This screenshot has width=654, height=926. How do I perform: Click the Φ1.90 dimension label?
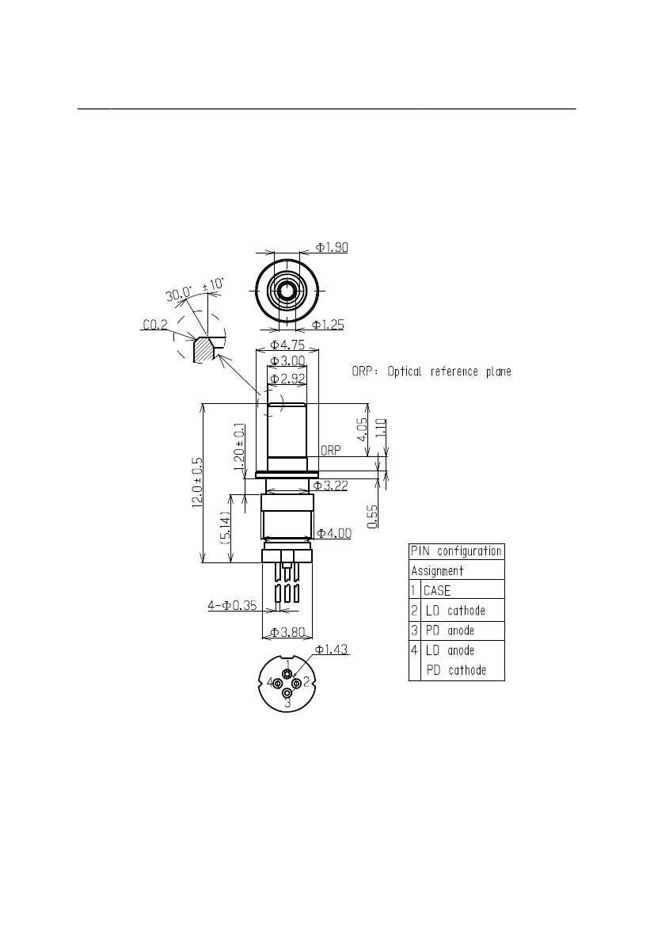tap(332, 247)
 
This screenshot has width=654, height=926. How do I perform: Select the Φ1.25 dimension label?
tap(328, 324)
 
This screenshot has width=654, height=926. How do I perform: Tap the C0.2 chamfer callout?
tap(155, 324)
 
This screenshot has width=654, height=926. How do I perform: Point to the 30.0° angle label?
tap(179, 293)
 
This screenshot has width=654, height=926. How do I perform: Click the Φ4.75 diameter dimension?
tap(287, 345)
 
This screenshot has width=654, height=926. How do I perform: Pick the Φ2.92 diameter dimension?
tap(287, 379)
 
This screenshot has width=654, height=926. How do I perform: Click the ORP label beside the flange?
tap(330, 451)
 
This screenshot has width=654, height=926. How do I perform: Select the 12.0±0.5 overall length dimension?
tap(198, 482)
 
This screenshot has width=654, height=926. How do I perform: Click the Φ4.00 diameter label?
tap(334, 533)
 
